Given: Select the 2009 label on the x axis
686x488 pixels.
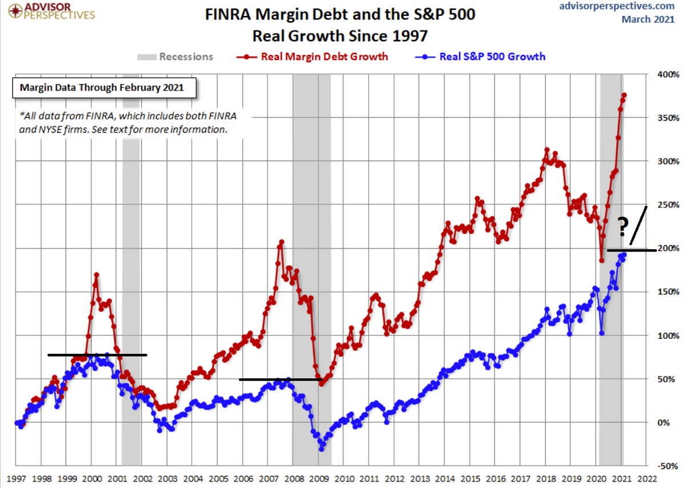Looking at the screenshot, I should (x=318, y=478).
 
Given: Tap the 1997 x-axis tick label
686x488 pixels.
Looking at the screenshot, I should (x=15, y=478).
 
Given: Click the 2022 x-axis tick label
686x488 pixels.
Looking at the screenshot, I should (x=647, y=478).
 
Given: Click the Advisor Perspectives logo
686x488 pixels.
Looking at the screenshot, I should (x=48, y=10).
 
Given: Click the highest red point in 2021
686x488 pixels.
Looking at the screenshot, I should (x=624, y=95).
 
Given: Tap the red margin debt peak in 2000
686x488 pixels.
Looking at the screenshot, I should (x=97, y=275).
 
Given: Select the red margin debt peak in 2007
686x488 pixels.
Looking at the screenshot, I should (x=281, y=242).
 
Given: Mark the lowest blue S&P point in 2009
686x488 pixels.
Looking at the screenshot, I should (x=321, y=449).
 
